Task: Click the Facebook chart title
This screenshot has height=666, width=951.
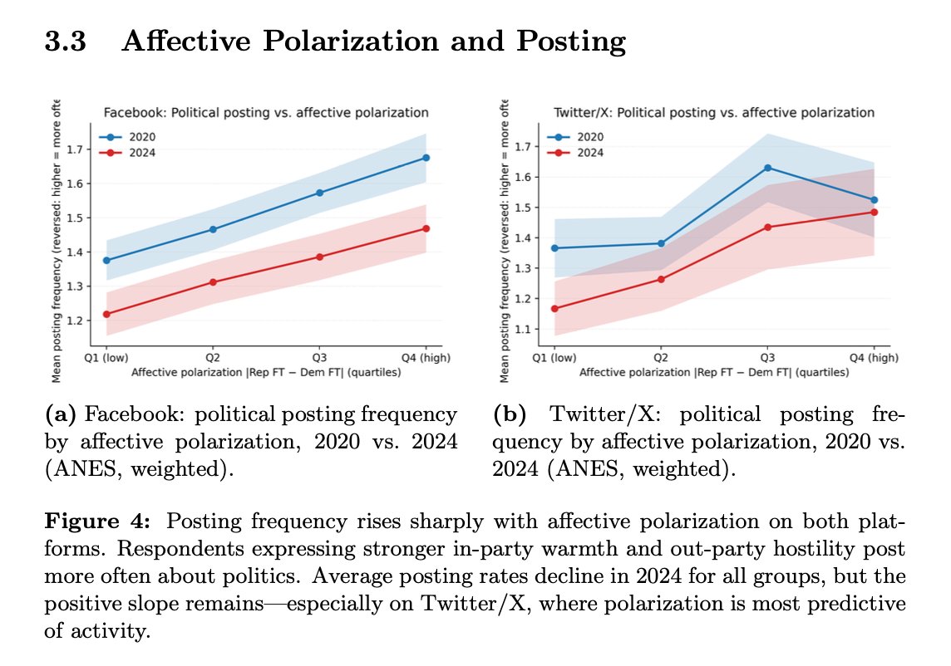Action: [265, 112]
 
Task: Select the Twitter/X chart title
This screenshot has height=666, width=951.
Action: [714, 112]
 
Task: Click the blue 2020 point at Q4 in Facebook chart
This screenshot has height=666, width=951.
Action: [426, 158]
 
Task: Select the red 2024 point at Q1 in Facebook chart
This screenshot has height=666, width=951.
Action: [106, 314]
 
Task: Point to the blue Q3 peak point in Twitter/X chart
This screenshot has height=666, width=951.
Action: [767, 168]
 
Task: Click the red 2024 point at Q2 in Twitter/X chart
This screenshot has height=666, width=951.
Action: [661, 279]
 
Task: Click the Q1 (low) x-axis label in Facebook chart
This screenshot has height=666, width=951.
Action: [107, 358]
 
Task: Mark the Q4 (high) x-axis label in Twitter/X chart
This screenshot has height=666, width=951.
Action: [873, 358]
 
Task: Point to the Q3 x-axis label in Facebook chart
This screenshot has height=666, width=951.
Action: [319, 358]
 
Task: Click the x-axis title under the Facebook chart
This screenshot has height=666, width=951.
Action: [266, 373]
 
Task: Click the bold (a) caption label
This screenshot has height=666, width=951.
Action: [64, 414]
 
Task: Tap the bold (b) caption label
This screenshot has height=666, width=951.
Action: [508, 414]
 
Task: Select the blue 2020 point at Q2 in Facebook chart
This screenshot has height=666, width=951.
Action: [213, 229]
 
